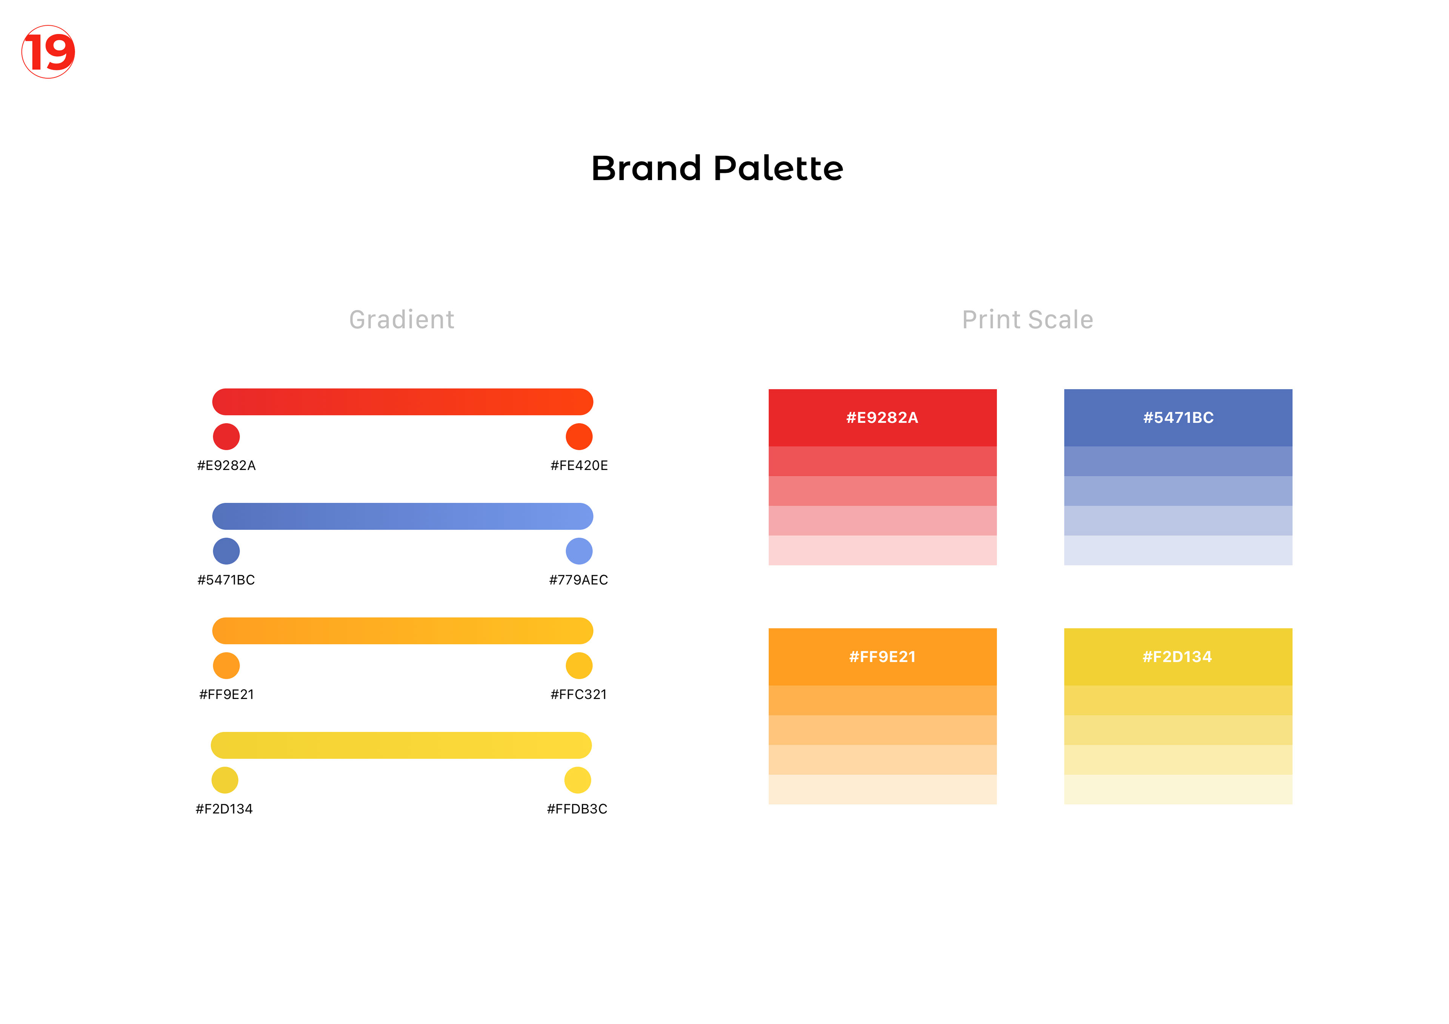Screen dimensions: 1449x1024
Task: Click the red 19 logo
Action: pyautogui.click(x=48, y=52)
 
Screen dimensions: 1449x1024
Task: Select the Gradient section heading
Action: pyautogui.click(x=401, y=319)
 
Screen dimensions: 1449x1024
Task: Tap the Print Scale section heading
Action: pyautogui.click(x=1028, y=319)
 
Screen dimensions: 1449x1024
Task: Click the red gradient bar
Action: pyautogui.click(x=403, y=402)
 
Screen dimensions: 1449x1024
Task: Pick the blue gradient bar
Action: pyautogui.click(x=403, y=516)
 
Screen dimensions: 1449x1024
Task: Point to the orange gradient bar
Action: pyautogui.click(x=403, y=631)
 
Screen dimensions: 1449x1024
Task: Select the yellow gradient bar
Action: pyautogui.click(x=401, y=745)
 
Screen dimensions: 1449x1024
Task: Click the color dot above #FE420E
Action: pyautogui.click(x=579, y=436)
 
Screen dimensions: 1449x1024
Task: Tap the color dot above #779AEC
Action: pyautogui.click(x=579, y=551)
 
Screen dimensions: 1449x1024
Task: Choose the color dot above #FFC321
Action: pyautogui.click(x=579, y=665)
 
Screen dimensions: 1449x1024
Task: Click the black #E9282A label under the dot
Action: pyautogui.click(x=226, y=465)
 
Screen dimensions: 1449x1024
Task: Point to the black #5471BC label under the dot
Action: pyautogui.click(x=226, y=579)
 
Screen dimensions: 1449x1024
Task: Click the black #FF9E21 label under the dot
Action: pyautogui.click(x=226, y=694)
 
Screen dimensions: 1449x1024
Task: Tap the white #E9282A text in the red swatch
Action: pyautogui.click(x=882, y=417)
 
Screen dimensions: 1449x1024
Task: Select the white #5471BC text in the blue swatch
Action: pyautogui.click(x=1178, y=417)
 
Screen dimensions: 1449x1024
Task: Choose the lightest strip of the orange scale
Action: pyautogui.click(x=882, y=789)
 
